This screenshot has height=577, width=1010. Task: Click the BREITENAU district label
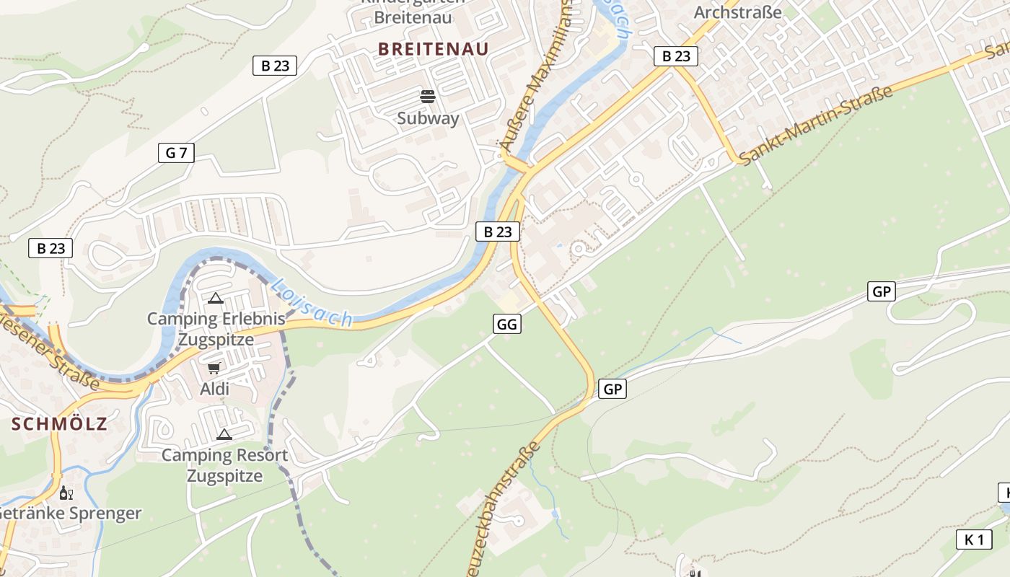pos(433,49)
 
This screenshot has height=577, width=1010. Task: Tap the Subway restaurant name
pos(428,118)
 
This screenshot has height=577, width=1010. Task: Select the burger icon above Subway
pos(428,96)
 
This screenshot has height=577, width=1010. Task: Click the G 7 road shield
pos(176,152)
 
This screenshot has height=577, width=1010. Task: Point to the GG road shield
pos(507,324)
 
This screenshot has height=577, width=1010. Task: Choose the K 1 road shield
pos(973,539)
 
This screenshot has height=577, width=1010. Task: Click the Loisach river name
pos(312,303)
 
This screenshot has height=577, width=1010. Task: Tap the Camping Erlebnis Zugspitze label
pos(216,329)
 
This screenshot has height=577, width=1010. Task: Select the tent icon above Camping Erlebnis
pos(215,297)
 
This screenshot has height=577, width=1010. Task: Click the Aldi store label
pos(214,389)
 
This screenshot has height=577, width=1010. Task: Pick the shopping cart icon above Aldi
pos(214,368)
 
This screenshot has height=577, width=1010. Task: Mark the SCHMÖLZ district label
pos(59,424)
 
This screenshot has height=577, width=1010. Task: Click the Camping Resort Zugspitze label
pos(224,465)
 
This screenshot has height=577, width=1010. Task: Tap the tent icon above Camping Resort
pos(224,434)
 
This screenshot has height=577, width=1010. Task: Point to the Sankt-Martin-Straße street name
pos(815,125)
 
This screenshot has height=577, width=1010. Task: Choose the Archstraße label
pos(737,12)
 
